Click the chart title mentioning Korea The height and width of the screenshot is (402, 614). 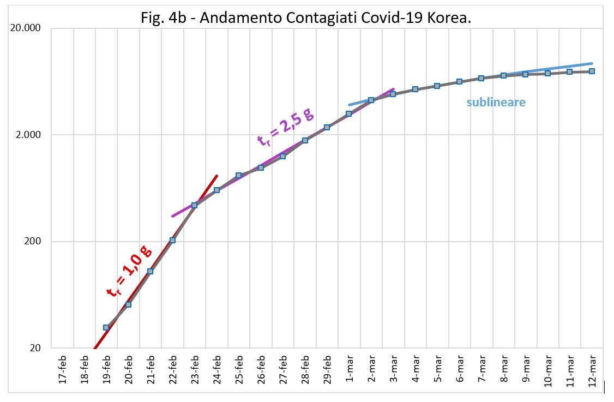(x=305, y=17)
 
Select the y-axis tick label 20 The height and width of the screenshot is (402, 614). (x=35, y=347)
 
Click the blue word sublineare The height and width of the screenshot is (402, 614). (x=496, y=102)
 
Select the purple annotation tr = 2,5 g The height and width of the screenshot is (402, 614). (x=285, y=127)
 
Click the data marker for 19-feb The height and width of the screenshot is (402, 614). (x=106, y=327)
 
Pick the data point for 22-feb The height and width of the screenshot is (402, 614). (x=172, y=240)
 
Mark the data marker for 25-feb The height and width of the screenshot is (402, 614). (x=238, y=176)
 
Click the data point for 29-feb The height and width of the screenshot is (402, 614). (x=327, y=128)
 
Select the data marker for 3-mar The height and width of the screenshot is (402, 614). (x=393, y=94)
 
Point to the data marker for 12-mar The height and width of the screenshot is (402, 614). (x=591, y=71)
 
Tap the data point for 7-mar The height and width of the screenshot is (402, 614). (x=481, y=78)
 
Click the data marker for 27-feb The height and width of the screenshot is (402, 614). (x=282, y=156)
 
